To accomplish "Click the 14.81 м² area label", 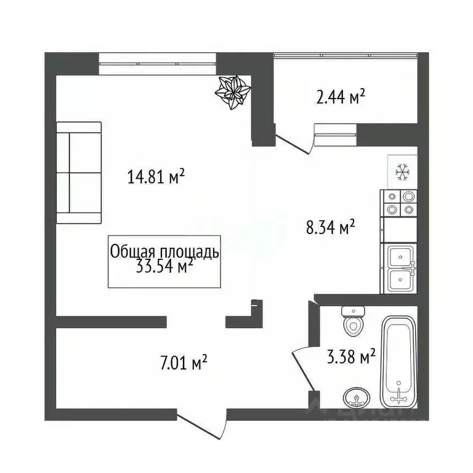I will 156,178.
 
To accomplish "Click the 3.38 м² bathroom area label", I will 350,357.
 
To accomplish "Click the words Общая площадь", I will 164,251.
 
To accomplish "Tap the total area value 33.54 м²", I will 164,266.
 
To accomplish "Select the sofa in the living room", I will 79,172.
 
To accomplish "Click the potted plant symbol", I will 233,92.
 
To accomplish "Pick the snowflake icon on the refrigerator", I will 403,172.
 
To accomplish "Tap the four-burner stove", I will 399,203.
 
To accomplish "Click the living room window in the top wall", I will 157,64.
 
